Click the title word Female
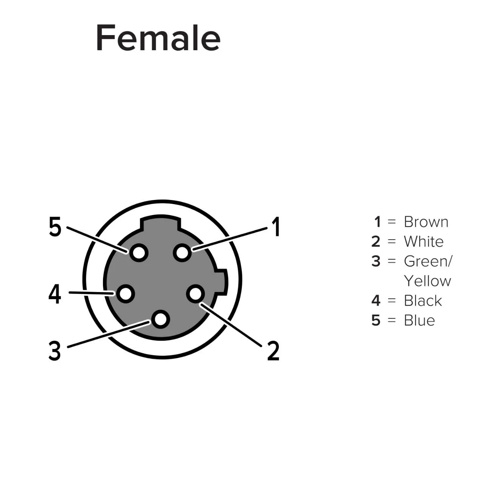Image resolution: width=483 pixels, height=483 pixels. (158, 38)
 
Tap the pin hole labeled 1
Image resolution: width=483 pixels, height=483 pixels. (182, 253)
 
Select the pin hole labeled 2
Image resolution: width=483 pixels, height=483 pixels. (195, 294)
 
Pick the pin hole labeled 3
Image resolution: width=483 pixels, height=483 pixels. (161, 319)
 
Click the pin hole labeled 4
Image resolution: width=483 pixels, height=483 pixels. (125, 294)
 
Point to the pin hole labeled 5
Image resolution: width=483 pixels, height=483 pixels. (139, 253)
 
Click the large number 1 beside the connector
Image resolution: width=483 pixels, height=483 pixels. (276, 226)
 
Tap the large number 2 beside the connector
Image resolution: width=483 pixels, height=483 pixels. (273, 351)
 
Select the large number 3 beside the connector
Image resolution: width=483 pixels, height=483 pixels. (55, 351)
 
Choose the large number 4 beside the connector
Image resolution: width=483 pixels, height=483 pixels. (55, 294)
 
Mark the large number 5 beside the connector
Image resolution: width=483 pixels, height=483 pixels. (55, 227)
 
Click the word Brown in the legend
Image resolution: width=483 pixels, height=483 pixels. (426, 222)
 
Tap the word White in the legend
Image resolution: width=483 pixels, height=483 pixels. (424, 241)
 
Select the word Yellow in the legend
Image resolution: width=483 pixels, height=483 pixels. (428, 281)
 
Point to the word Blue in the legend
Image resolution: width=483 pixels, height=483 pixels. (419, 320)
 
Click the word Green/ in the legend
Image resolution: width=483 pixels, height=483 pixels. (428, 261)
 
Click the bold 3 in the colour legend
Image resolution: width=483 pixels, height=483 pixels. (376, 261)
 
